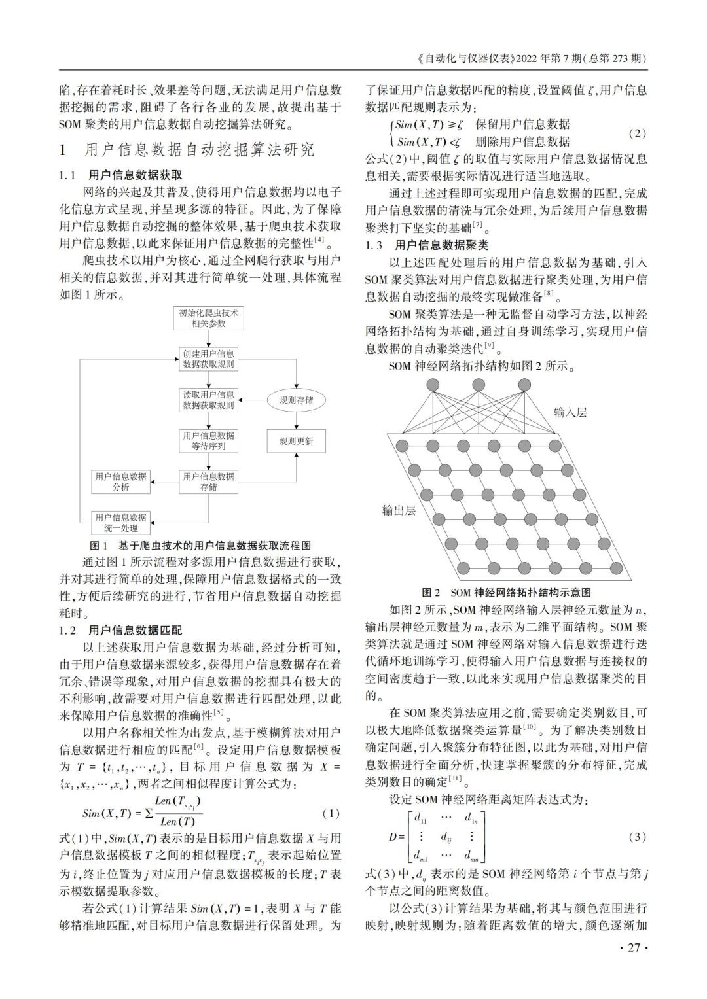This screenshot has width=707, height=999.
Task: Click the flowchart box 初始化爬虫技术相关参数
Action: click(208, 318)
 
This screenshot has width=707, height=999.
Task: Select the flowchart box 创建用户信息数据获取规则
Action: click(208, 359)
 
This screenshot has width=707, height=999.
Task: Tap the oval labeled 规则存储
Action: click(296, 400)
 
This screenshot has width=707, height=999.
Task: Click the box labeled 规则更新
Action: click(296, 441)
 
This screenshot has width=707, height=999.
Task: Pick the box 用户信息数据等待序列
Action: click(208, 441)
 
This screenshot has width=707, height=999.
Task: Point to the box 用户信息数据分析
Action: click(121, 482)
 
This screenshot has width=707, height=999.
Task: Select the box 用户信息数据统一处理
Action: click(121, 522)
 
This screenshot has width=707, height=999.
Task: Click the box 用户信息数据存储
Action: click(208, 482)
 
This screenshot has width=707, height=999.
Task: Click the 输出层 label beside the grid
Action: click(399, 510)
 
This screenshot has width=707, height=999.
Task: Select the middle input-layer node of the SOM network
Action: click(479, 385)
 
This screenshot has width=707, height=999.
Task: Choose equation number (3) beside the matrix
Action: click(636, 837)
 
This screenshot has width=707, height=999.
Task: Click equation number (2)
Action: click(636, 133)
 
